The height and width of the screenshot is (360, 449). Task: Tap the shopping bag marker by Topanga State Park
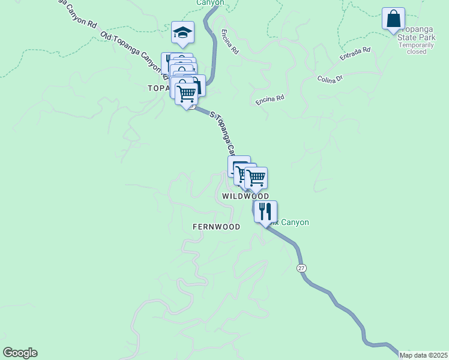point(393,19)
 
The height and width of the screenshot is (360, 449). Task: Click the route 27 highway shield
point(301,268)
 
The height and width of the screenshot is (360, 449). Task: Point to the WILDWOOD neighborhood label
point(246,196)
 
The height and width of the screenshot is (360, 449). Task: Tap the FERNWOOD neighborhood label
point(216,227)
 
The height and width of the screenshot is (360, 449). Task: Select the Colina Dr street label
point(329,79)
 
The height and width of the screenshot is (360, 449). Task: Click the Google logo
point(20,353)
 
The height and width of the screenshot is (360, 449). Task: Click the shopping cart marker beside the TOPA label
point(187,94)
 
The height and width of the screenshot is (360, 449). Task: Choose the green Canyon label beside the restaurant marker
point(294,223)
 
